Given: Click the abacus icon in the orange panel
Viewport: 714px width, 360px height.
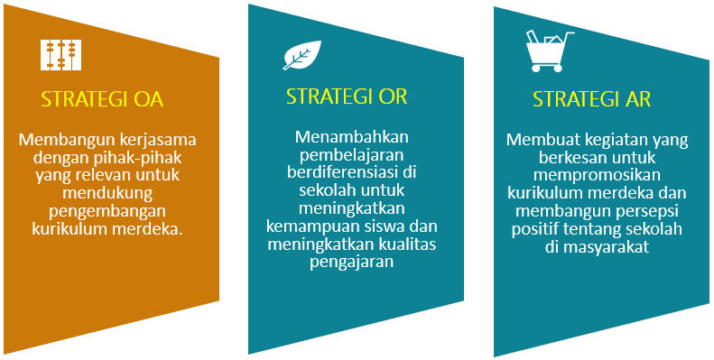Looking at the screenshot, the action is click(x=61, y=55).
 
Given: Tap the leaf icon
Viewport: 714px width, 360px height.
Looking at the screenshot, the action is click(x=301, y=55).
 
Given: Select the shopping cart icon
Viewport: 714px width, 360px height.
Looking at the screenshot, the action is click(x=549, y=51).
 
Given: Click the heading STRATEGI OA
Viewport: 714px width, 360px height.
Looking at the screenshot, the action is click(x=103, y=100).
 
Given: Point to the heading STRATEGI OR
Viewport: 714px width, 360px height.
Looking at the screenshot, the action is click(x=347, y=97).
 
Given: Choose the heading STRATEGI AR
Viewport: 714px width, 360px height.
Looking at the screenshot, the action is click(x=592, y=99).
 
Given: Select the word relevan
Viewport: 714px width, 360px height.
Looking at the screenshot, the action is click(x=107, y=175).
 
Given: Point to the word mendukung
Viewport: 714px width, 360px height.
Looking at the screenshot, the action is click(x=107, y=193).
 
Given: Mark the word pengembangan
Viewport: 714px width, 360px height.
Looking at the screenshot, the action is click(x=107, y=212).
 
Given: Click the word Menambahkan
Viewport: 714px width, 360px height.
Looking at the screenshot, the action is click(x=352, y=137).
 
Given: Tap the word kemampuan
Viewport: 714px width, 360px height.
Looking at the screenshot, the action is click(x=311, y=226).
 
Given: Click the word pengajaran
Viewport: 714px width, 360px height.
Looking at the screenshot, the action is click(x=351, y=263).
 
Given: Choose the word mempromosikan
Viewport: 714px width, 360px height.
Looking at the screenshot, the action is click(x=597, y=176).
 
